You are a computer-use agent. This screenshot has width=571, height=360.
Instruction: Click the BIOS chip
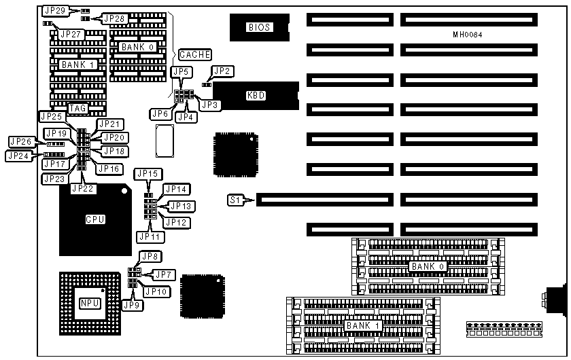pyautogui.click(x=259, y=27)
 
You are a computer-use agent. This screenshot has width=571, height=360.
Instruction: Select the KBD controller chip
pyautogui.click(x=256, y=96)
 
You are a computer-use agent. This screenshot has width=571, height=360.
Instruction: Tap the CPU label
pyautogui.click(x=94, y=219)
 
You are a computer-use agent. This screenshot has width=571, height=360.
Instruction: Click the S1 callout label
pyautogui.click(x=236, y=200)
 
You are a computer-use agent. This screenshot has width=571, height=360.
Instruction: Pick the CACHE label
pyautogui.click(x=195, y=54)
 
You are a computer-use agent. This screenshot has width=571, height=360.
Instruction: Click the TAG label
pyautogui.click(x=77, y=108)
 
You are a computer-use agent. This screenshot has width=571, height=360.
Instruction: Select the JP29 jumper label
pyautogui.click(x=54, y=11)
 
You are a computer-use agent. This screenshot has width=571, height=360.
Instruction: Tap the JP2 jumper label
pyautogui.click(x=223, y=71)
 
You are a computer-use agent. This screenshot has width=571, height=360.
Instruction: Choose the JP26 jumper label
pyautogui.click(x=20, y=141)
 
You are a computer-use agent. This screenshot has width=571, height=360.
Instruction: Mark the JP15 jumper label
pyautogui.click(x=146, y=173)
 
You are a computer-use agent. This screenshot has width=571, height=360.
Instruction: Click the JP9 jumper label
pyautogui.click(x=132, y=305)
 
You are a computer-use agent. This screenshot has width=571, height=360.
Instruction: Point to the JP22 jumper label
pyautogui.click(x=83, y=188)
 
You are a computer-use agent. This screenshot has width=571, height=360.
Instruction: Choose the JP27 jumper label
pyautogui.click(x=70, y=33)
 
